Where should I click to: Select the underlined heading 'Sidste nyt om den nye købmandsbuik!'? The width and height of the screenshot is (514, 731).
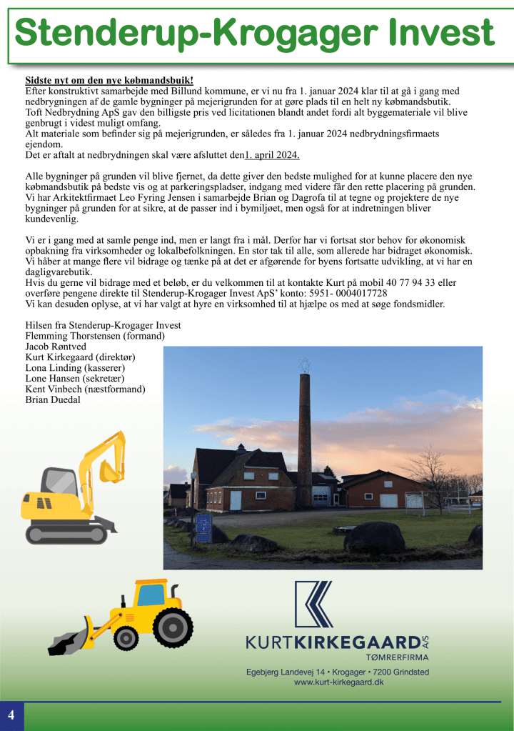click(x=109, y=81)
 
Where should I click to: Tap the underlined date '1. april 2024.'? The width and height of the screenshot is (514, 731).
click(x=272, y=155)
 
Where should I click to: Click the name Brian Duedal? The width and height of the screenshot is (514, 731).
click(x=53, y=399)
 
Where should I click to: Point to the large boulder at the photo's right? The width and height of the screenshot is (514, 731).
click(x=374, y=537)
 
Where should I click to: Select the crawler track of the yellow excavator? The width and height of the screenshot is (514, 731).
click(x=66, y=532)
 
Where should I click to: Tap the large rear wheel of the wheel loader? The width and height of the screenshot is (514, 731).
click(x=173, y=627)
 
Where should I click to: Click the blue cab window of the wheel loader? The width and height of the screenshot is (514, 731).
click(x=151, y=595)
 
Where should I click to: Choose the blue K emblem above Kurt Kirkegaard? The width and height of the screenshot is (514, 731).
click(x=314, y=604)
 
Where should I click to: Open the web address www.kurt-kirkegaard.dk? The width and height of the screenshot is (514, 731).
click(x=339, y=683)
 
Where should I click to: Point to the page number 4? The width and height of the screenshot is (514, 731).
click(x=11, y=715)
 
